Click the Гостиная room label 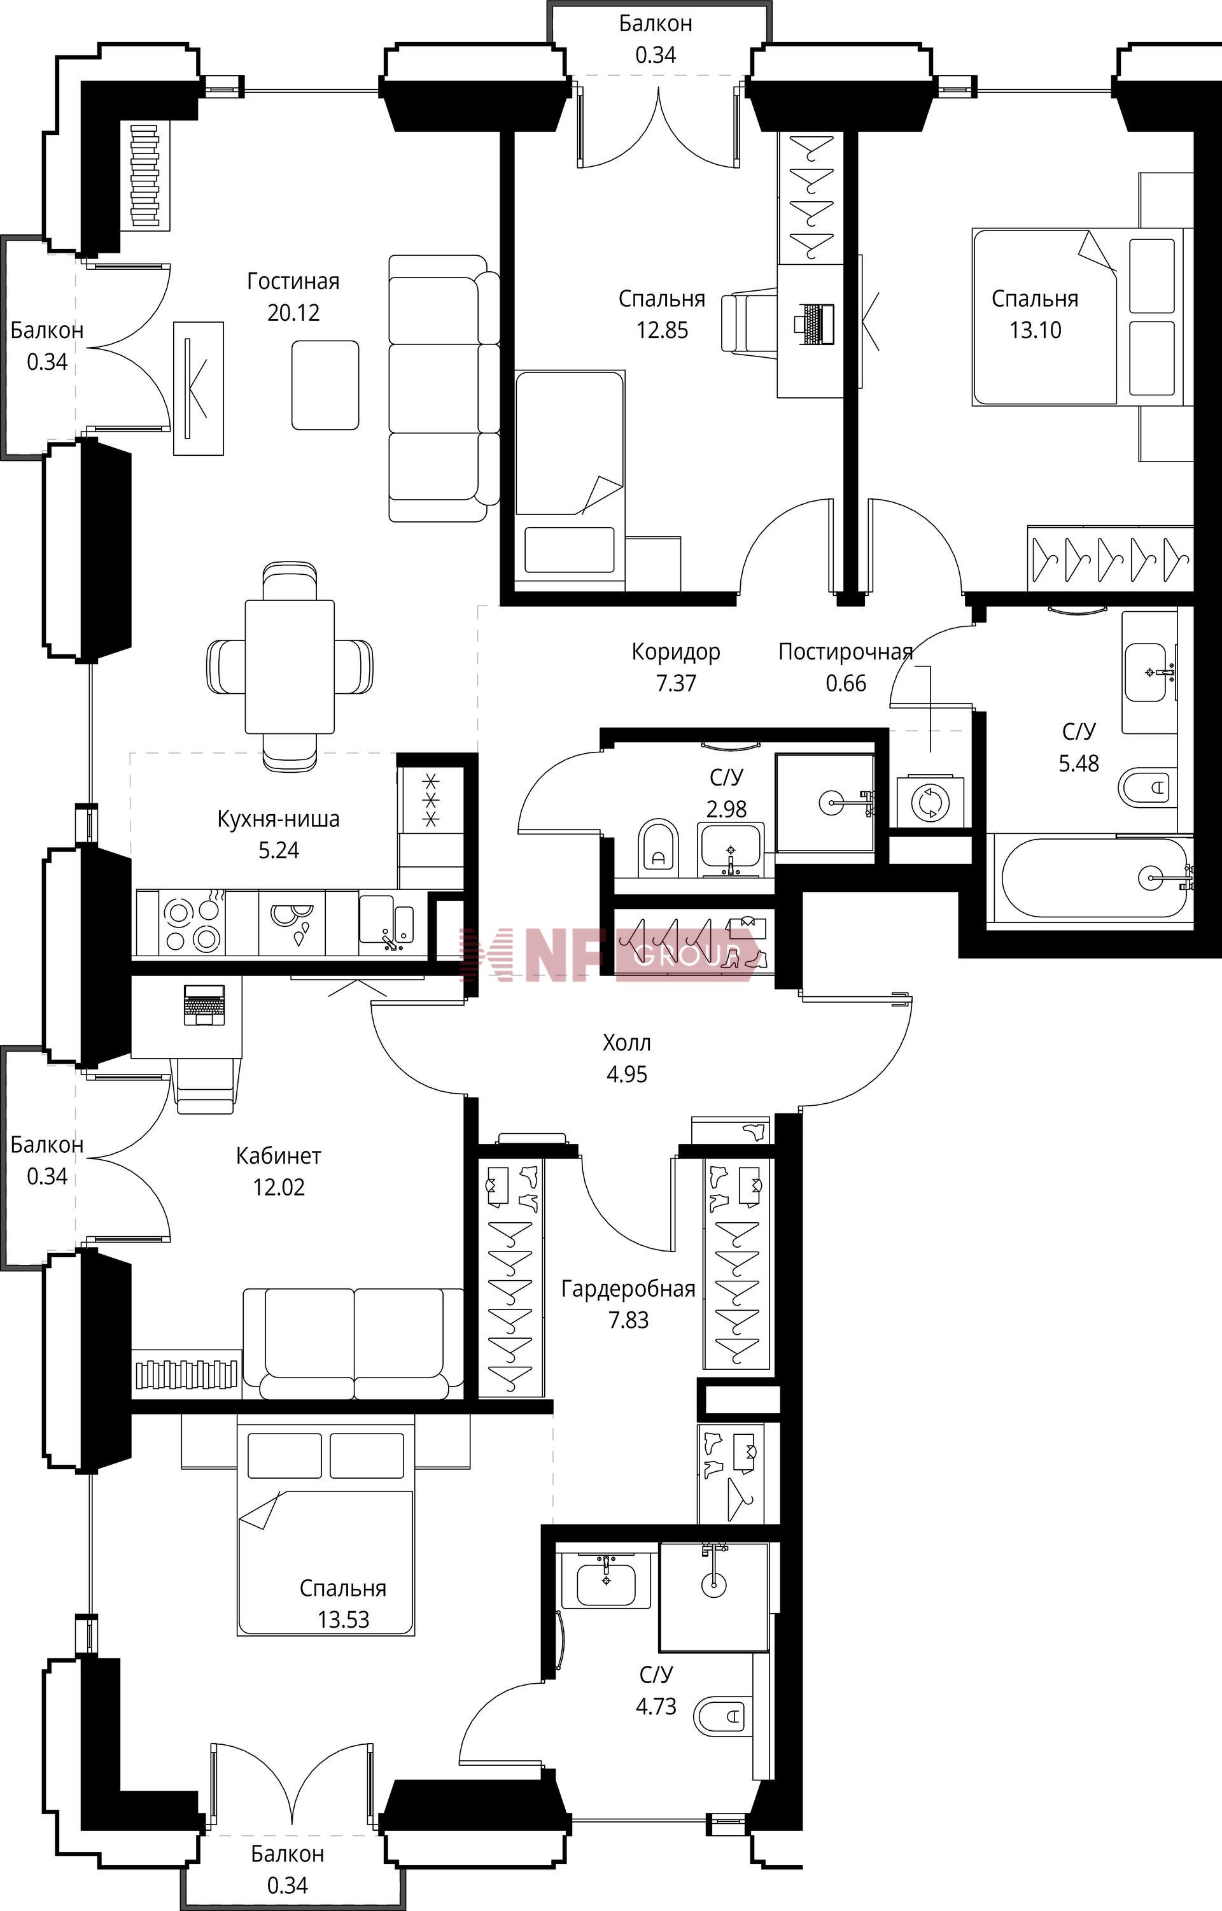(293, 282)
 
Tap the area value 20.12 (293, 313)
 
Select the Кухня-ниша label (279, 819)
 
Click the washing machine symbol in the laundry (931, 802)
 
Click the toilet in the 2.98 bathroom (659, 847)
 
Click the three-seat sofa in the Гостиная (444, 388)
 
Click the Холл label (627, 1043)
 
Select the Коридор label (676, 653)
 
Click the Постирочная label (845, 652)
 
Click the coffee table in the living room (325, 385)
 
